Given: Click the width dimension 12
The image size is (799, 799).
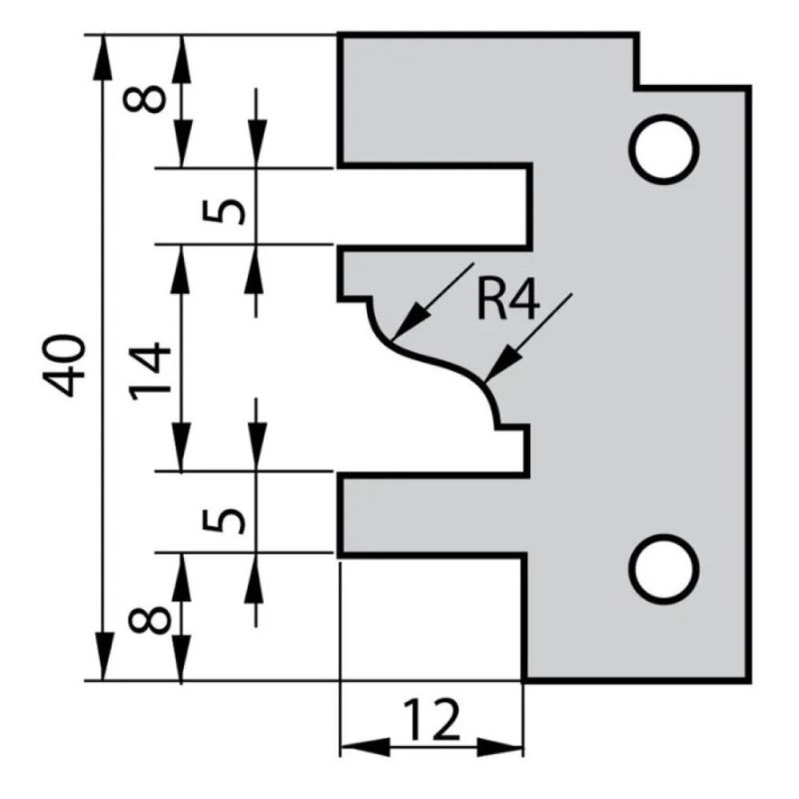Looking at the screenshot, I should point(431,718).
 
